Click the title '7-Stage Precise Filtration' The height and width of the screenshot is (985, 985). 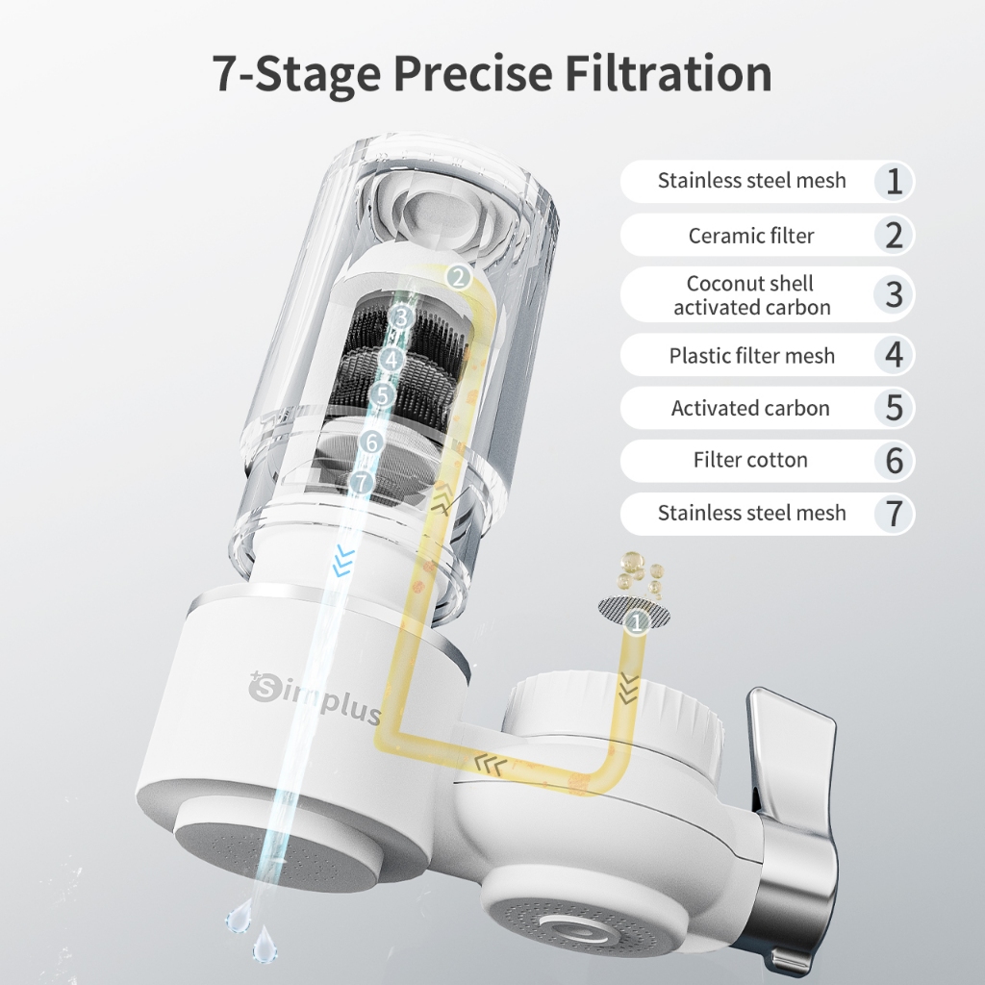click(492, 73)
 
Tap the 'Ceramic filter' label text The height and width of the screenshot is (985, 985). click(751, 236)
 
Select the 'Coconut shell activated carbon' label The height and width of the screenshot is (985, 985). click(751, 294)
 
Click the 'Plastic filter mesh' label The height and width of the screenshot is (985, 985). click(752, 356)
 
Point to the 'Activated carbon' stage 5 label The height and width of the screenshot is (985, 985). click(750, 408)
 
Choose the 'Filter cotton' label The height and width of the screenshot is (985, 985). click(750, 460)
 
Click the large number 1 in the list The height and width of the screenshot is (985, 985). click(895, 181)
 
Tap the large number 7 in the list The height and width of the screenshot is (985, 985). click(895, 514)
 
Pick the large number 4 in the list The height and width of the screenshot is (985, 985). click(895, 355)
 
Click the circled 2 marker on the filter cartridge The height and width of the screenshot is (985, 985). click(459, 276)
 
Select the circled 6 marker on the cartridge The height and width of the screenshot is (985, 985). click(372, 442)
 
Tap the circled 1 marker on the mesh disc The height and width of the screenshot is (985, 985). click(637, 622)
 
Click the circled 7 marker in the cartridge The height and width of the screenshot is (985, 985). click(362, 483)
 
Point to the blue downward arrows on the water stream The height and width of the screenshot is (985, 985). click(343, 561)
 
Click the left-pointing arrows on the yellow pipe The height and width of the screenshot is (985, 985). click(490, 766)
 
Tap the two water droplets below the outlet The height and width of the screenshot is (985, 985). click(252, 930)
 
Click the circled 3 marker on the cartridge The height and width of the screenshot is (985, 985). click(402, 317)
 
